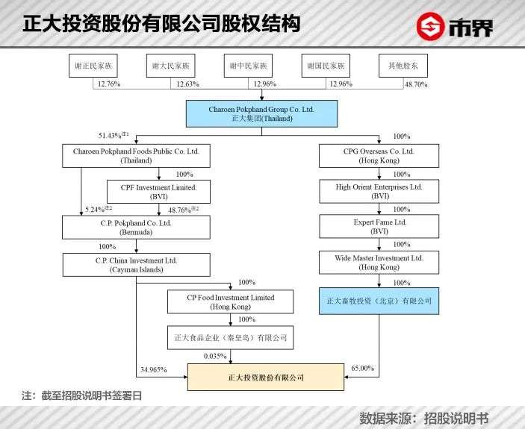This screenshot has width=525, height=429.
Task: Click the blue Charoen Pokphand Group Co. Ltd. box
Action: click(261, 113)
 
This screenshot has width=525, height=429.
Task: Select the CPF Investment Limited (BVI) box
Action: click(158, 192)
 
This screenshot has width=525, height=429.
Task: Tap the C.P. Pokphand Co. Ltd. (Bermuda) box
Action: click(136, 228)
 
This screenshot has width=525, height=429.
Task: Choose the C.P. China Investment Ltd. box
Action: click(136, 265)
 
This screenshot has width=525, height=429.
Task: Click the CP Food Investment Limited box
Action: click(230, 302)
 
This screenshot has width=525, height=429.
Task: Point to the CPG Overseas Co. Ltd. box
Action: click(379, 156)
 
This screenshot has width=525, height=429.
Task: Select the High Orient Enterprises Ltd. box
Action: click(379, 191)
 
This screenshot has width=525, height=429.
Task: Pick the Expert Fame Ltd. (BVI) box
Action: click(379, 226)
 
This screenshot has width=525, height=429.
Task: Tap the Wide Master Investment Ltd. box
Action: click(379, 263)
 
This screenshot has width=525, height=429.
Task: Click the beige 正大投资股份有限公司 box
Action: click(266, 378)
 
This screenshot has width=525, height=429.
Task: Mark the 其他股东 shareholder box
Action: click(403, 66)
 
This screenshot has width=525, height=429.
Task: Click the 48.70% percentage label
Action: click(416, 84)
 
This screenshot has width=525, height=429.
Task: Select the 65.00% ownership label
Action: click(363, 368)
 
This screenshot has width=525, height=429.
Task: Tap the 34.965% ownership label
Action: click(154, 369)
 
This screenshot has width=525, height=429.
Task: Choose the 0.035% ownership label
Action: click(215, 356)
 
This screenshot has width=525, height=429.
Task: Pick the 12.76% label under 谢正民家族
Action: click(109, 84)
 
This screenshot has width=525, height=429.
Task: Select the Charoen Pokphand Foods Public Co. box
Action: click(136, 156)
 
